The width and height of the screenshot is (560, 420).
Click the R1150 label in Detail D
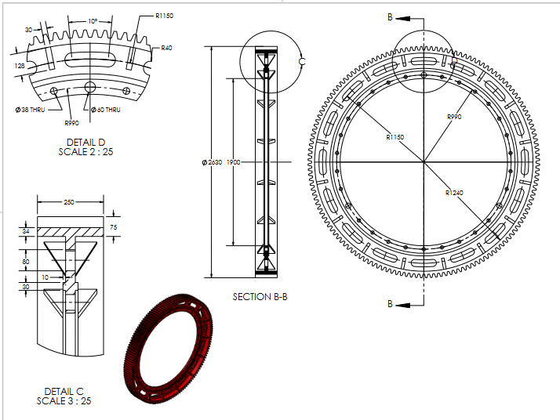[x=164, y=15]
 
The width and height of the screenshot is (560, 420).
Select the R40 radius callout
[x=165, y=48]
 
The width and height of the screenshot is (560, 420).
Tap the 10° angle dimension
[x=93, y=21]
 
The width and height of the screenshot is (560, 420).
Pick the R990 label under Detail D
[x=71, y=122]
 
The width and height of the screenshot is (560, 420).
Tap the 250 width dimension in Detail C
[x=69, y=202]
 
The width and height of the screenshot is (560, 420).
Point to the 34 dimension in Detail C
[x=26, y=232]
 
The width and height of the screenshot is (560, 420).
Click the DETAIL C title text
[x=64, y=391]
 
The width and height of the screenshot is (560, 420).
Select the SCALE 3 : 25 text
[x=64, y=401]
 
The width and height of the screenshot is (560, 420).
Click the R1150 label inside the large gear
[x=395, y=136]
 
